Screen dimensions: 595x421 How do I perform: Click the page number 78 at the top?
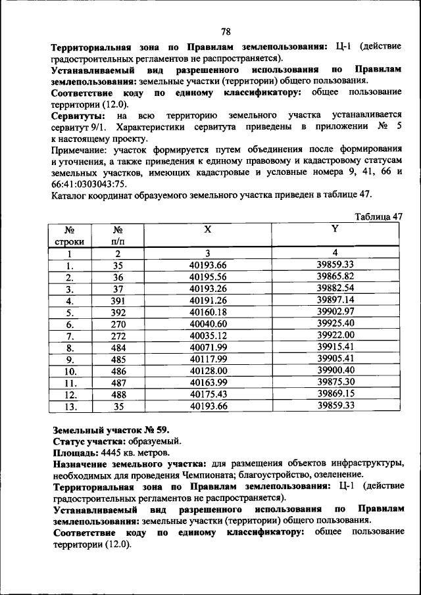tap(226, 32)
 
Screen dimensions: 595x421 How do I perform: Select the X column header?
tap(207, 229)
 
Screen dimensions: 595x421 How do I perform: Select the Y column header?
tap(334, 229)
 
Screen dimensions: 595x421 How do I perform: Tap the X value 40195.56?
tap(207, 277)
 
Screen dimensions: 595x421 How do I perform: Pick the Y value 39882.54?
tap(335, 289)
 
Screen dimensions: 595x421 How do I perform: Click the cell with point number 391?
tap(118, 300)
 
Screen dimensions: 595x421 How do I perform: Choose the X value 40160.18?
tap(207, 312)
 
